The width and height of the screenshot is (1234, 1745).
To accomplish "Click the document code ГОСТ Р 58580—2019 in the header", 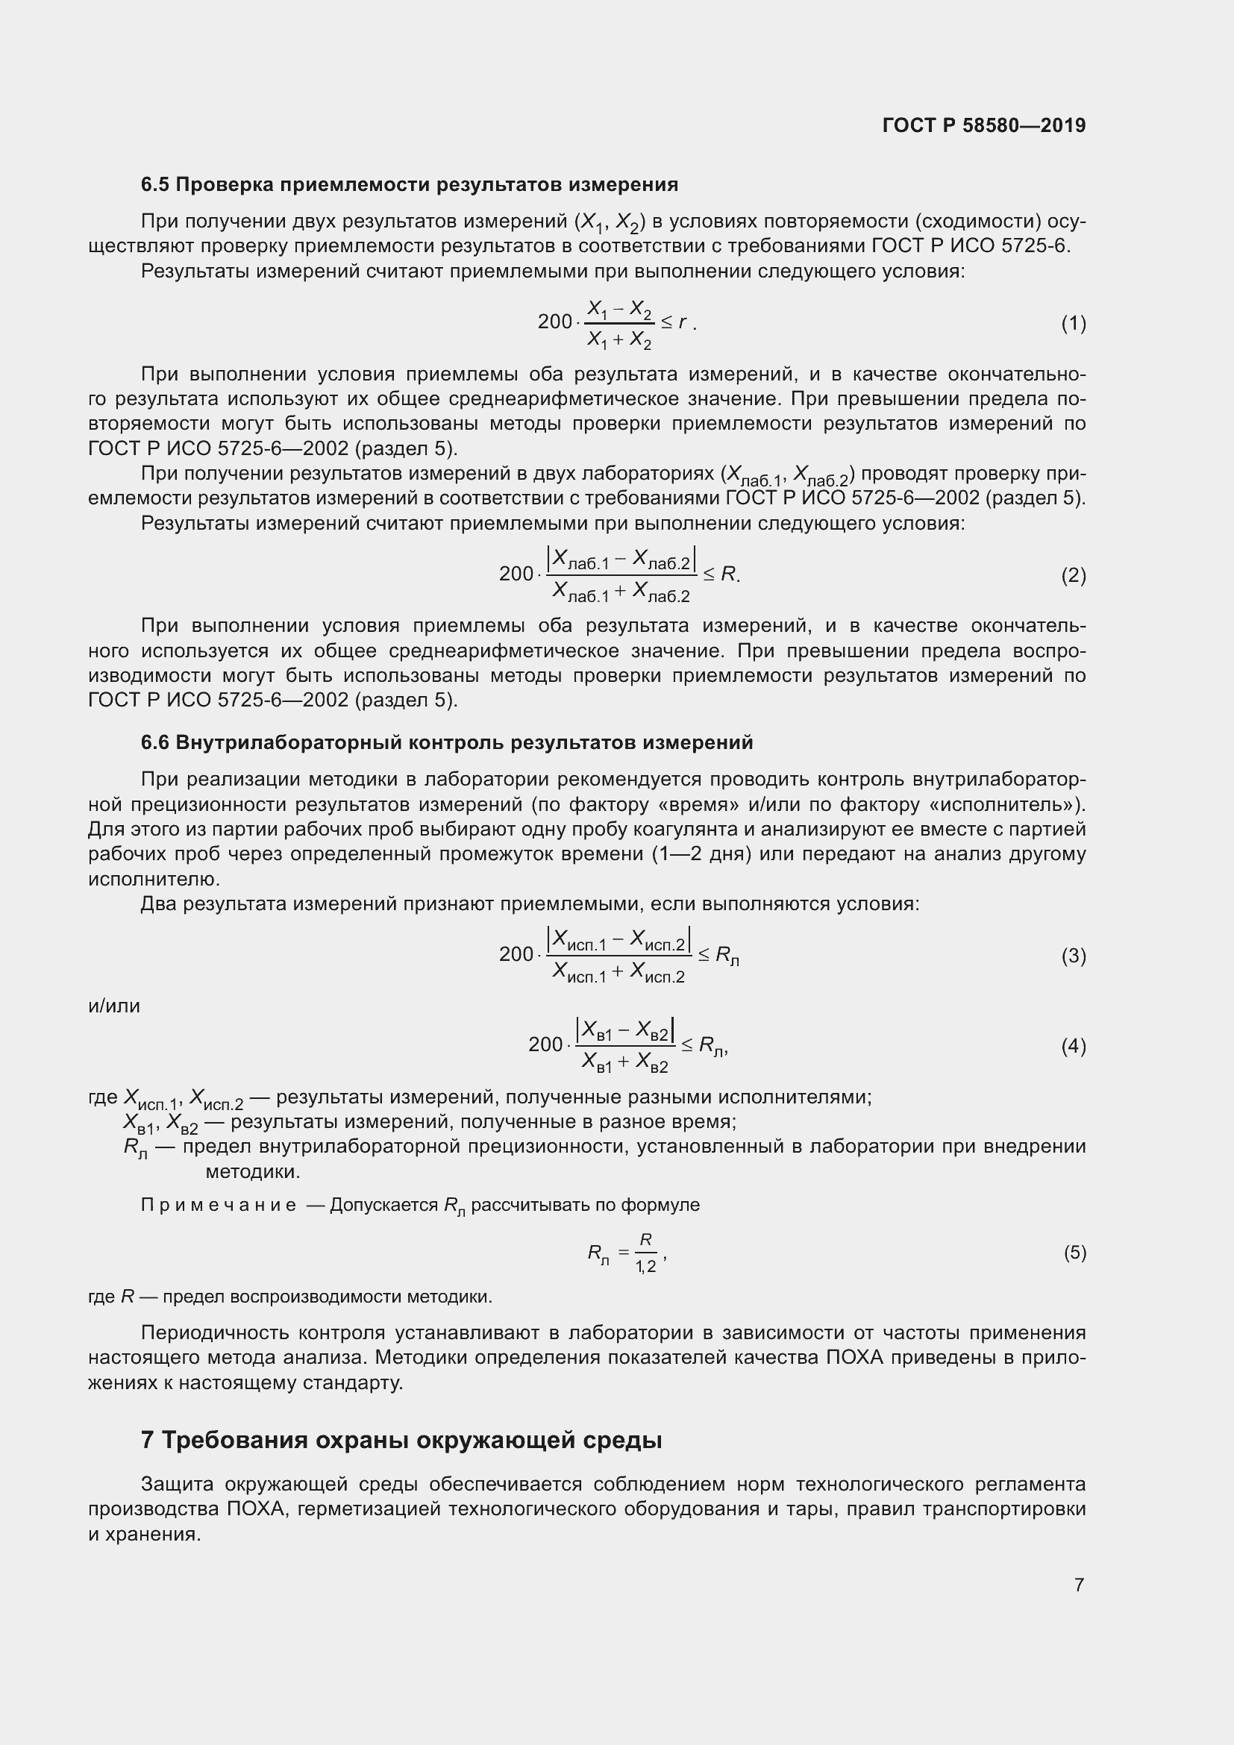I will [984, 125].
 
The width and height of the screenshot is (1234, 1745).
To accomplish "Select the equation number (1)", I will [1073, 324].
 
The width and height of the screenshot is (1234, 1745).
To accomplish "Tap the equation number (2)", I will [1073, 575].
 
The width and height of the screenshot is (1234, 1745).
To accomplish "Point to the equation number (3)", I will [1073, 956].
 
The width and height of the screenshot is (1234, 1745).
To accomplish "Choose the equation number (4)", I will [1073, 1047].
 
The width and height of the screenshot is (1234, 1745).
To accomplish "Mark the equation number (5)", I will [1074, 1252].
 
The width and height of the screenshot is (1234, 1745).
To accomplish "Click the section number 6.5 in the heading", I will [155, 185].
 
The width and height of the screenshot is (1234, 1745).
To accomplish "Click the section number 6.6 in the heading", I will [155, 742].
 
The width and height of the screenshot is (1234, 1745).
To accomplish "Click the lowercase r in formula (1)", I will [683, 322].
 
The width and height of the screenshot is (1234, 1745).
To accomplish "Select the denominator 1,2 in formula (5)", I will [646, 1267].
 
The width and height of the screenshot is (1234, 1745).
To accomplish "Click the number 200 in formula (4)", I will [545, 1045].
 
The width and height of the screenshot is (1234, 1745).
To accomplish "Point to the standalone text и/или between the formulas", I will [114, 1006].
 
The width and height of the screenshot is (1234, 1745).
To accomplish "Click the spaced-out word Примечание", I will [219, 1206].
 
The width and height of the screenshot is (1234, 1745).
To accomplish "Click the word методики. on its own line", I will [253, 1172].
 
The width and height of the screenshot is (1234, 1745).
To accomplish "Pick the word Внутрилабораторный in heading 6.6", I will [289, 742].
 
